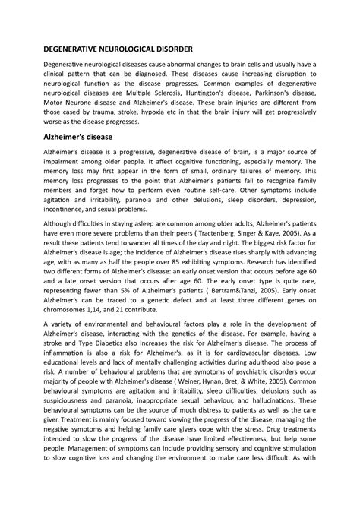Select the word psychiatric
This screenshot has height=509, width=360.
tap(263, 407)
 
